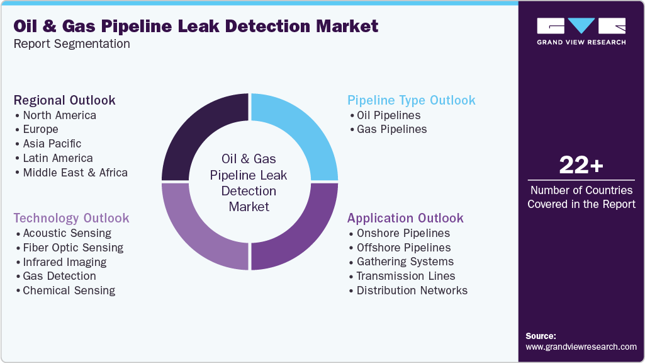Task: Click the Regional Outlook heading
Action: (x=65, y=100)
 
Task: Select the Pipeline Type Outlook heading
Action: (x=412, y=100)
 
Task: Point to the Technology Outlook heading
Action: (x=72, y=218)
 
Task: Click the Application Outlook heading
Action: (x=405, y=218)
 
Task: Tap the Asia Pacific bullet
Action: (x=52, y=144)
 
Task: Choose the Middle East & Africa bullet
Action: (x=75, y=172)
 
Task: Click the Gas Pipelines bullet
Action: (x=391, y=129)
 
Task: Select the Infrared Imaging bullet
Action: (x=64, y=262)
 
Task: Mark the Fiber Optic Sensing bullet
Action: (x=73, y=248)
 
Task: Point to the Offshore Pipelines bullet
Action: (x=403, y=248)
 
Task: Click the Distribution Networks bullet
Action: (x=412, y=291)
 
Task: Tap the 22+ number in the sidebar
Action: (x=581, y=166)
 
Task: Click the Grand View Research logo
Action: (x=581, y=30)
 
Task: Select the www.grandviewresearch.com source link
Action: (x=581, y=347)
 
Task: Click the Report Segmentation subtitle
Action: (x=72, y=44)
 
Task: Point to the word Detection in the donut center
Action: (x=249, y=191)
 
